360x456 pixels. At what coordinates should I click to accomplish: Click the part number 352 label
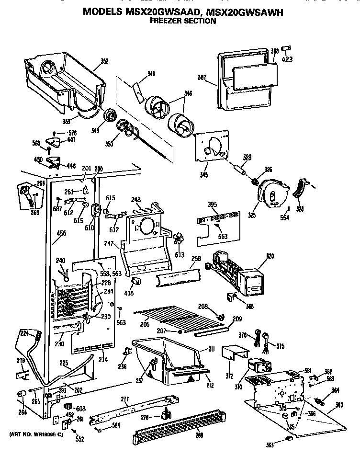[x=104, y=61]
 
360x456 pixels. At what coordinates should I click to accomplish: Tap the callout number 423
[x=287, y=60]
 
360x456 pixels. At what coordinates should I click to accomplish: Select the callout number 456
[x=61, y=233]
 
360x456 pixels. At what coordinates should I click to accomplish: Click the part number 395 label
[x=212, y=205]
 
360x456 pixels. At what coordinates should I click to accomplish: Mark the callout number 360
[x=339, y=405]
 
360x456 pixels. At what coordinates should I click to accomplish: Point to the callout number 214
[x=102, y=359]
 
